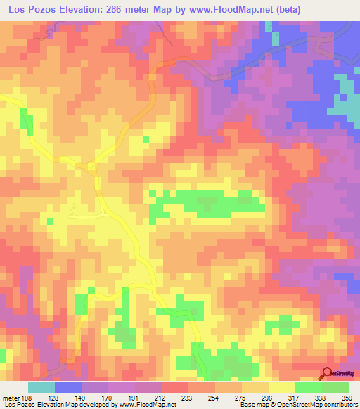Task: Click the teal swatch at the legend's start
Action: (41, 387)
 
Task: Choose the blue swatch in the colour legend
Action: (68, 387)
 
